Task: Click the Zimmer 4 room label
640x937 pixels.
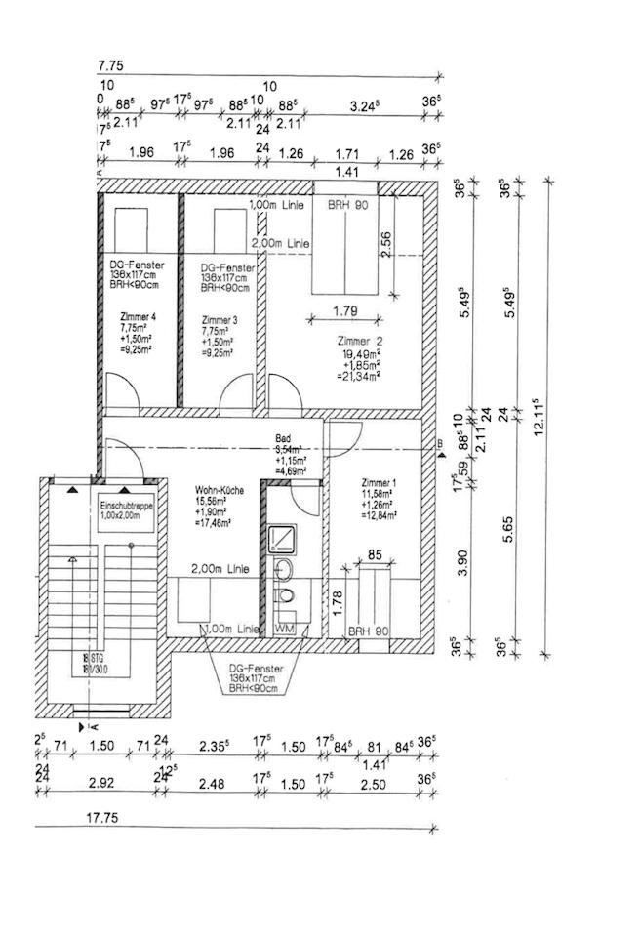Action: [137, 318]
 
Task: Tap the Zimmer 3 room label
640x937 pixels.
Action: [219, 319]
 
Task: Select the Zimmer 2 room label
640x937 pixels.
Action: [360, 340]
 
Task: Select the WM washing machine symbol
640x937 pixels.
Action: [286, 630]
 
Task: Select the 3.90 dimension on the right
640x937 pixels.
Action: [464, 563]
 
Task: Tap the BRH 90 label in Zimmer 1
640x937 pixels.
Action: [368, 631]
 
